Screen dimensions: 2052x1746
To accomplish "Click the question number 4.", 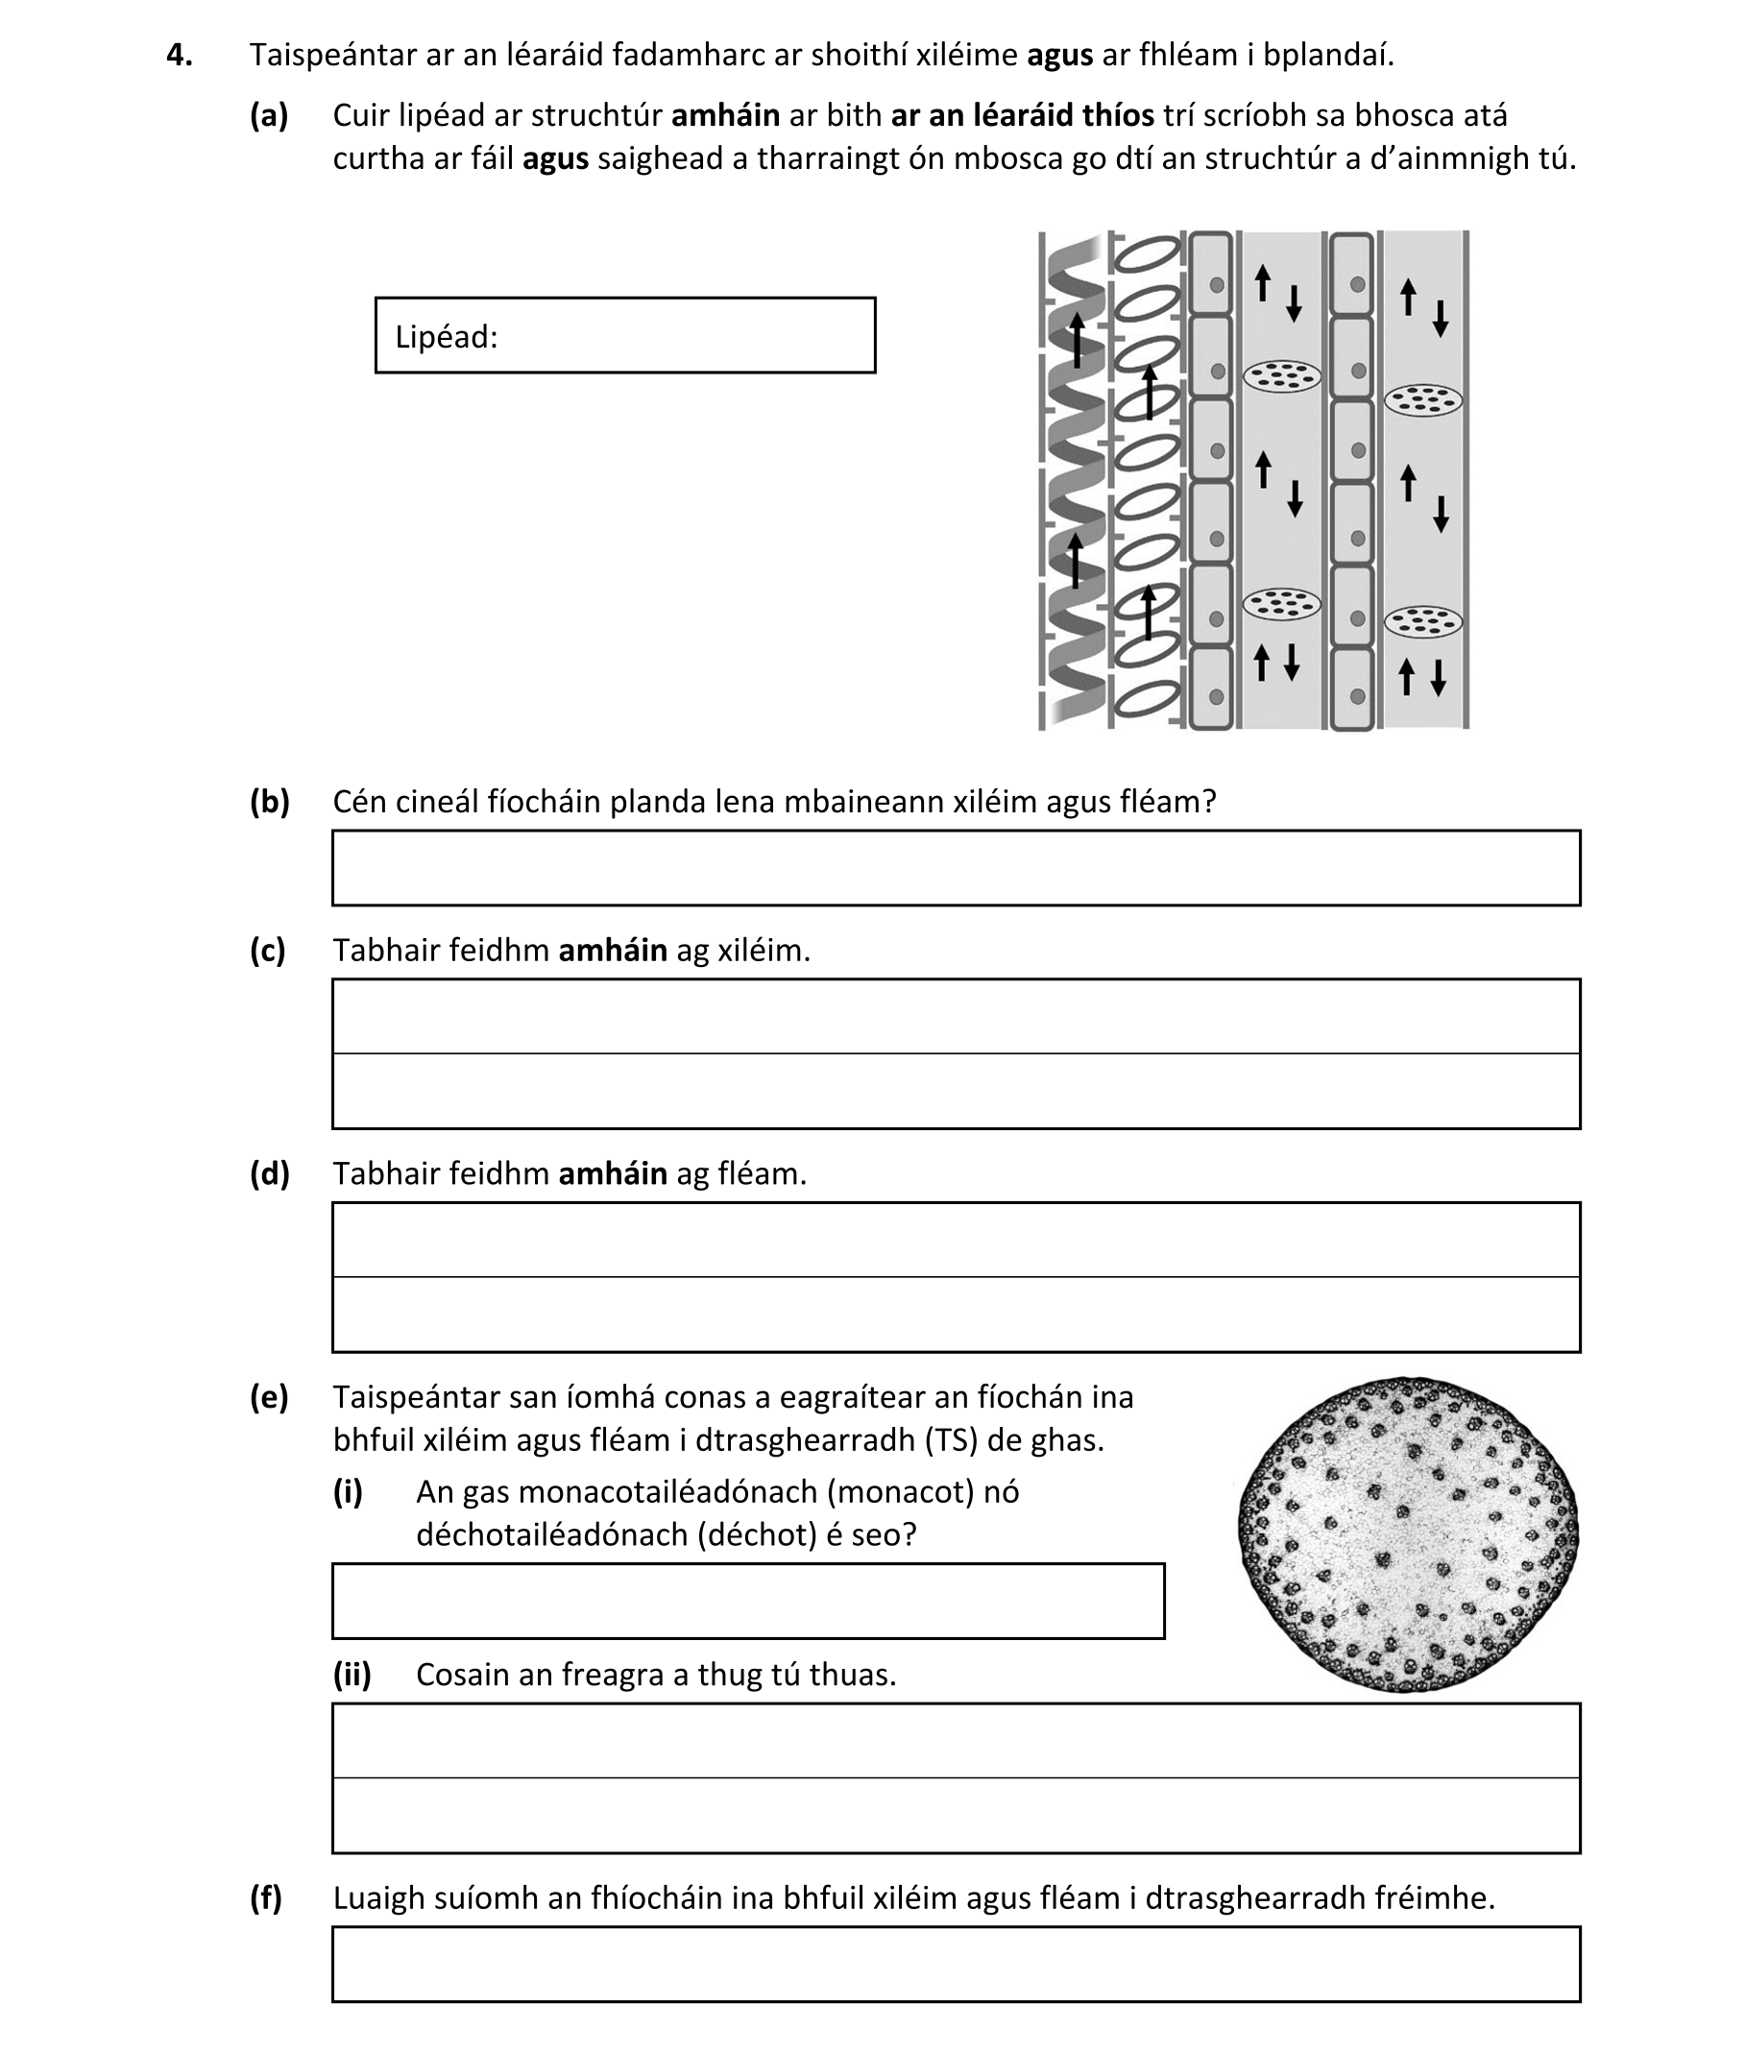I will click(179, 56).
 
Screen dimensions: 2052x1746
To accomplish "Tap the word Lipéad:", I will click(446, 337).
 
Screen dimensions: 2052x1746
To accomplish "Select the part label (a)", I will click(268, 116).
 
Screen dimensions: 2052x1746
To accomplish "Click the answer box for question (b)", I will click(956, 868).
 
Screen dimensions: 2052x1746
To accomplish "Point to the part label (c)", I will click(267, 950).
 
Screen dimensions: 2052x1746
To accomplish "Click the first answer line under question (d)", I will click(956, 1240).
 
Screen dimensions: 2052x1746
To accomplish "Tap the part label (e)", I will click(268, 1397).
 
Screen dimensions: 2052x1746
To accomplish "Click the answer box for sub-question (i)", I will click(747, 1601).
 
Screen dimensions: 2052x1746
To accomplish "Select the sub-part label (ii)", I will click(352, 1674).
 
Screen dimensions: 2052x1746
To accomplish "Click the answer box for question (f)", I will click(956, 1964).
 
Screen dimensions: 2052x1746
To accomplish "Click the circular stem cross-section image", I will click(1408, 1533).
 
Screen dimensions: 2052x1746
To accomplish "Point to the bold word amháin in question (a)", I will click(725, 116).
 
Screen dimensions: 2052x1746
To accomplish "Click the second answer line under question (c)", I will click(956, 1092).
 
